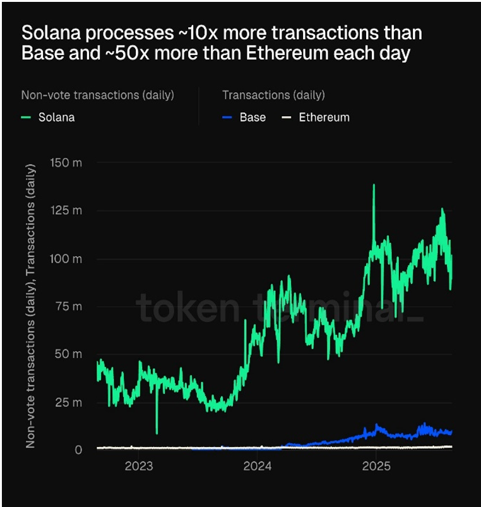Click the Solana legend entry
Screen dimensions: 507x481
coord(56,117)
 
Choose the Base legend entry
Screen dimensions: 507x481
coord(252,117)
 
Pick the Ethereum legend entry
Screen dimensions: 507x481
coord(324,117)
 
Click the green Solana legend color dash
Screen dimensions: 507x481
coord(27,117)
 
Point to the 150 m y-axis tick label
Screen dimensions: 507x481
coord(66,163)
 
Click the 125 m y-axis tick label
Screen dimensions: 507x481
coord(66,211)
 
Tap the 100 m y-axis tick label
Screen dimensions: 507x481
coord(66,259)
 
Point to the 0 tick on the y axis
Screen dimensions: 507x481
coord(78,450)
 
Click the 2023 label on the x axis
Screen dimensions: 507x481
coord(139,467)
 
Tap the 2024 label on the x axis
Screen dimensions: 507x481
coord(257,467)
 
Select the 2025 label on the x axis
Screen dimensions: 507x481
coord(376,467)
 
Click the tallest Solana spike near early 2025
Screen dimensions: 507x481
coord(374,186)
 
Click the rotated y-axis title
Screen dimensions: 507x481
coord(31,303)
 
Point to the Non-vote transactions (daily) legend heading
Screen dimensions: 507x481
coord(98,95)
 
